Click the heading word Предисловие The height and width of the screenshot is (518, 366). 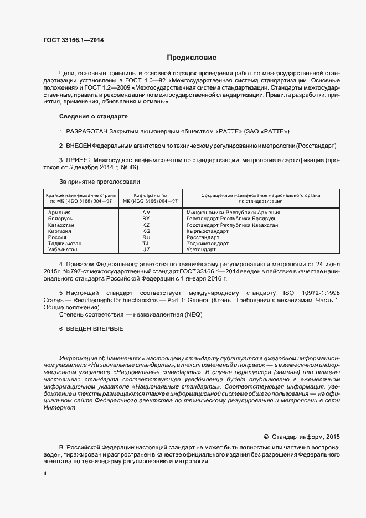coord(192,58)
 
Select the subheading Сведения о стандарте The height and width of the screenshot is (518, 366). coord(93,117)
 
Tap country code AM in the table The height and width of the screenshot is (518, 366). coord(146,213)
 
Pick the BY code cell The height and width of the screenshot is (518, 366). coord(146,219)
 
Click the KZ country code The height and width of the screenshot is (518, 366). coord(146,225)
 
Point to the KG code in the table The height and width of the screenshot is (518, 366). coord(146,231)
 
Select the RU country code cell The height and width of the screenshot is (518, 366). coord(146,237)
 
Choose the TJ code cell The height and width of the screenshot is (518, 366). coord(146,244)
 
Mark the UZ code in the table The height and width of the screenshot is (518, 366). coord(146,250)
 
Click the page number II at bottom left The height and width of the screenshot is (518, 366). coord(45,474)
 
